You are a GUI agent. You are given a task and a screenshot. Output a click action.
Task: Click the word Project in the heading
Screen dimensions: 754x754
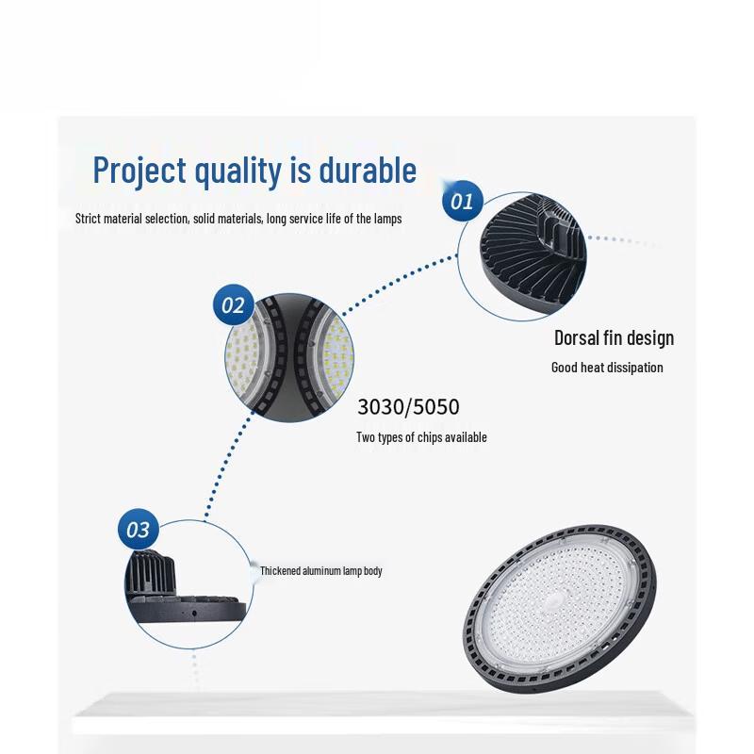pyautogui.click(x=139, y=172)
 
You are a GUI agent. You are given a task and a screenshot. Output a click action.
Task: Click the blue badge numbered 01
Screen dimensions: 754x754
pyautogui.click(x=463, y=201)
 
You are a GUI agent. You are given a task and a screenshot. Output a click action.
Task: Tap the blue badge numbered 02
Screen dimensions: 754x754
pyautogui.click(x=232, y=305)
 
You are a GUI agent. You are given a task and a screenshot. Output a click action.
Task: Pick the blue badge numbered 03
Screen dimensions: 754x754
pyautogui.click(x=138, y=530)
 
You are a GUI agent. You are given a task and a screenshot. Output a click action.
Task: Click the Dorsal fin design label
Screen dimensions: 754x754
pyautogui.click(x=614, y=337)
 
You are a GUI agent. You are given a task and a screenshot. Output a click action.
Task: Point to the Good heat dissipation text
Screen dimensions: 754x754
pyautogui.click(x=607, y=368)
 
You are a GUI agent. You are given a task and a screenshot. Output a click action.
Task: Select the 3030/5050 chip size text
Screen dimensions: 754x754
pyautogui.click(x=408, y=408)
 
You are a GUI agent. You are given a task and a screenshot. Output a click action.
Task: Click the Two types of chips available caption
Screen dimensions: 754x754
pyautogui.click(x=421, y=437)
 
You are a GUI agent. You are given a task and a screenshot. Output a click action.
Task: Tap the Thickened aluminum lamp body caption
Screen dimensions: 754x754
pyautogui.click(x=320, y=571)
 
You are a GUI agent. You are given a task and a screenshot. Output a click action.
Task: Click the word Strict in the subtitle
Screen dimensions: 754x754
pyautogui.click(x=89, y=219)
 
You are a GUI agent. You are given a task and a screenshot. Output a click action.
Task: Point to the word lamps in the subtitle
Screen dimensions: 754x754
pyautogui.click(x=387, y=219)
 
